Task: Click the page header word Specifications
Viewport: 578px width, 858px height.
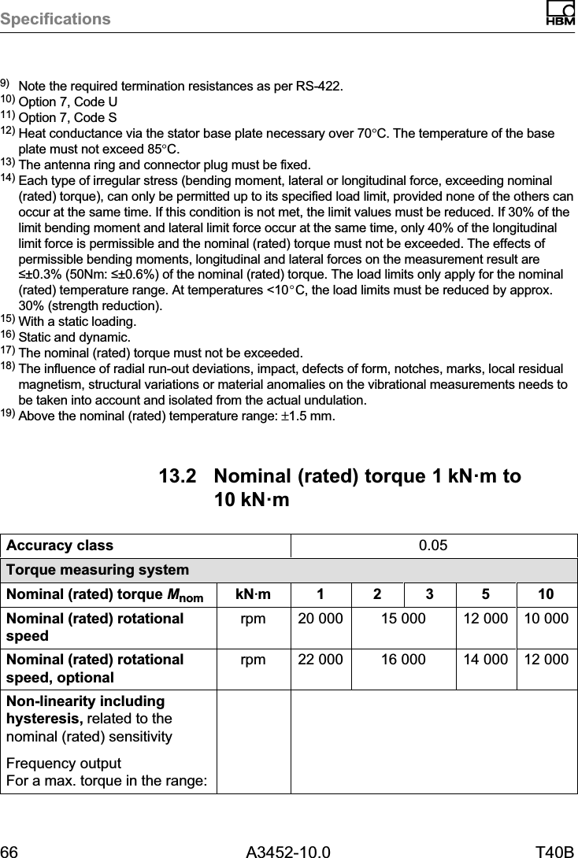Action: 56,18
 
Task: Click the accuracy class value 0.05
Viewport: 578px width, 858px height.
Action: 434,545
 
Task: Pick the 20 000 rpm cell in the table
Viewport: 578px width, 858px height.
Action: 320,619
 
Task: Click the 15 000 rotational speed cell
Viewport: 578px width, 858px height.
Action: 404,619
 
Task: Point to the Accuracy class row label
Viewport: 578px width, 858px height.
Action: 60,545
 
